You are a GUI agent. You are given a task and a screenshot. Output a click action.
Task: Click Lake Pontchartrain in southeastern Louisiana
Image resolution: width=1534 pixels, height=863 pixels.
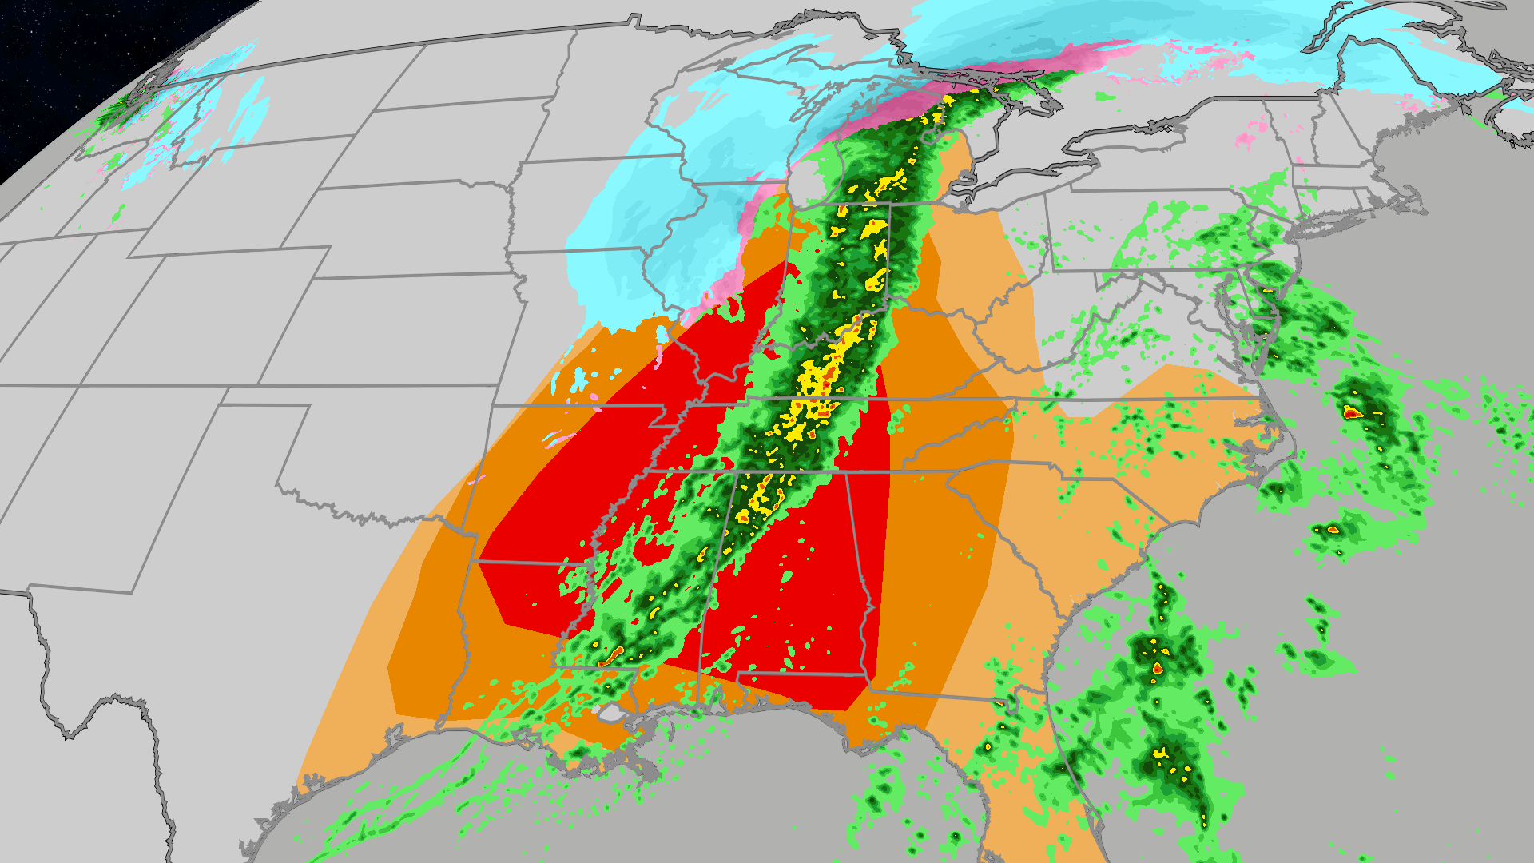click(611, 712)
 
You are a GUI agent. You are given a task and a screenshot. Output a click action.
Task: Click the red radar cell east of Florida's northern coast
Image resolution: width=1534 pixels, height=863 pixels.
click(1158, 667)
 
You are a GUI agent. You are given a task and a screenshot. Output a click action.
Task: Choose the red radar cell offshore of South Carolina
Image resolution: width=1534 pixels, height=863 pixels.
click(1333, 529)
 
